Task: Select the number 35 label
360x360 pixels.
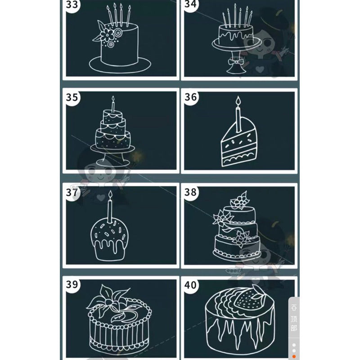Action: pos(72,97)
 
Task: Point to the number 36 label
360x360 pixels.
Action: pos(191,97)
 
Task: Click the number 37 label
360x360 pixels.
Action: pos(72,192)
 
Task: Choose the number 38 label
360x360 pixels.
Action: pos(191,192)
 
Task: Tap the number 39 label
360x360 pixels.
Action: pos(72,284)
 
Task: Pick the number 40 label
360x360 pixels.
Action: pos(191,284)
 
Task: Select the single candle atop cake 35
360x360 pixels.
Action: pos(113,105)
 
